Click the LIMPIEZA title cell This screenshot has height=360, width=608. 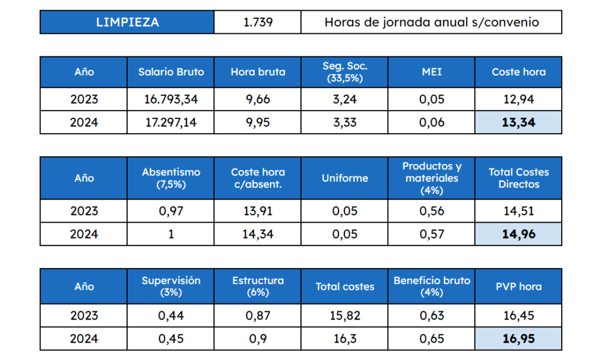pyautogui.click(x=127, y=23)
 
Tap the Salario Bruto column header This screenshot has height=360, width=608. pyautogui.click(x=171, y=72)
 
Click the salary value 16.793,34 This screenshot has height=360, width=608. pyautogui.click(x=171, y=99)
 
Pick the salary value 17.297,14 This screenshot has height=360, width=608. pyautogui.click(x=171, y=122)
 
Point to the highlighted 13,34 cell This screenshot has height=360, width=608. pyautogui.click(x=518, y=122)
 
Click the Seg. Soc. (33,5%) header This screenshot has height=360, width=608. pyautogui.click(x=344, y=72)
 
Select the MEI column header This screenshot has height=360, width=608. pyautogui.click(x=431, y=72)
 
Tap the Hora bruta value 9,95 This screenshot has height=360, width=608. pyautogui.click(x=258, y=122)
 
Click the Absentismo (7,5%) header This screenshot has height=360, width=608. pyautogui.click(x=171, y=178)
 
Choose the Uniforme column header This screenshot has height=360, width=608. pyautogui.click(x=344, y=178)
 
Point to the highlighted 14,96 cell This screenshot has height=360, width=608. pyautogui.click(x=518, y=234)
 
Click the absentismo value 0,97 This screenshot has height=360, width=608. pyautogui.click(x=171, y=211)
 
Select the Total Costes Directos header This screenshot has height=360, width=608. pyautogui.click(x=518, y=178)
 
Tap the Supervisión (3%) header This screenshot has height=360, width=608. pyautogui.click(x=171, y=286)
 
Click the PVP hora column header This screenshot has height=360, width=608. pyautogui.click(x=518, y=286)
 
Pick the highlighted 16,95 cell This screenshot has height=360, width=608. pyautogui.click(x=518, y=339)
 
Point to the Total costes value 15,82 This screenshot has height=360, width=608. pyautogui.click(x=344, y=315)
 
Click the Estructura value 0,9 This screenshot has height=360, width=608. pyautogui.click(x=258, y=339)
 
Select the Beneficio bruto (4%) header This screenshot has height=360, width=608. pyautogui.click(x=431, y=286)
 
